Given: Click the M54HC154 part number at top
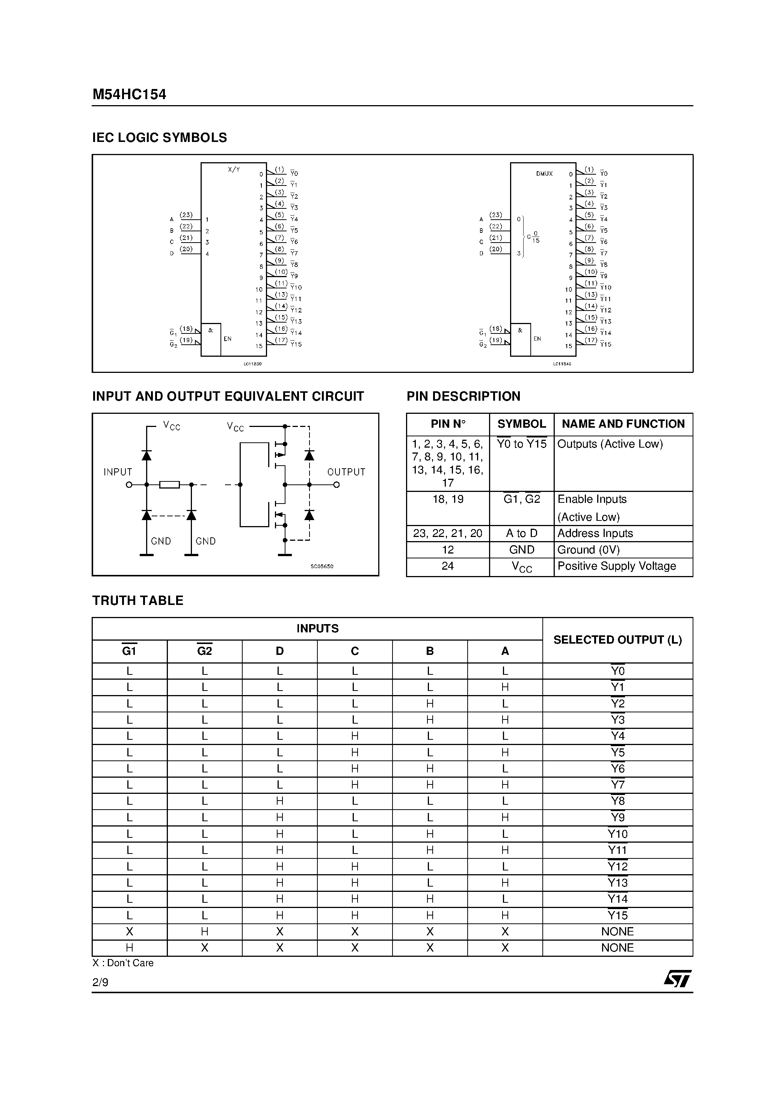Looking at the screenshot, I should click(129, 94).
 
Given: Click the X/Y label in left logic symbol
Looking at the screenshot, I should click(234, 170).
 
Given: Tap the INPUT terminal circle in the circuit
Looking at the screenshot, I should click(129, 484).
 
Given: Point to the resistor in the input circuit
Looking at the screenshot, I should click(169, 484).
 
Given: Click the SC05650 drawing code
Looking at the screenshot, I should click(322, 566).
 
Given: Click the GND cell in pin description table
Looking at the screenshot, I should click(521, 549).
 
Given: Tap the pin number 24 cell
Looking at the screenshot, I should click(447, 566).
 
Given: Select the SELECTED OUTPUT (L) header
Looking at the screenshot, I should click(617, 640).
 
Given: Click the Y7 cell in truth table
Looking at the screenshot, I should click(617, 785).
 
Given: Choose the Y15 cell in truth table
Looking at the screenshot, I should click(617, 916).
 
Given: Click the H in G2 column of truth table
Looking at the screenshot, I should click(204, 932).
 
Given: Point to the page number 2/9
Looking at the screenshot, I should click(100, 982).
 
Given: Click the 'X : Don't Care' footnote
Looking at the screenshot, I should click(123, 963).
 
